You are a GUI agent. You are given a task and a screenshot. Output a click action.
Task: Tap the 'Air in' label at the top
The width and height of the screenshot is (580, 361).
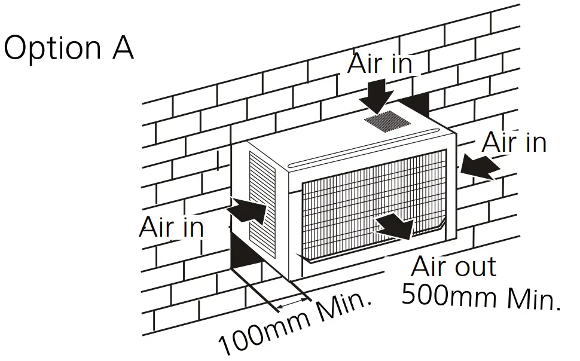pyautogui.click(x=380, y=64)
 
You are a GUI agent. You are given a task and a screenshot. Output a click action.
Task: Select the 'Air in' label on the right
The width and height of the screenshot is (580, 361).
pyautogui.click(x=514, y=142)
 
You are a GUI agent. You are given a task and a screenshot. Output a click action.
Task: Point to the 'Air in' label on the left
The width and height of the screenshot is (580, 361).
pyautogui.click(x=172, y=227)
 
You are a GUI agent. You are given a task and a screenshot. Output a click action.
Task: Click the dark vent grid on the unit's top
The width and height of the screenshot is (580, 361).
pyautogui.click(x=387, y=122)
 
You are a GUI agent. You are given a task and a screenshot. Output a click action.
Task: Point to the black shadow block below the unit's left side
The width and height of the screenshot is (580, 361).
pyautogui.click(x=246, y=251)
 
